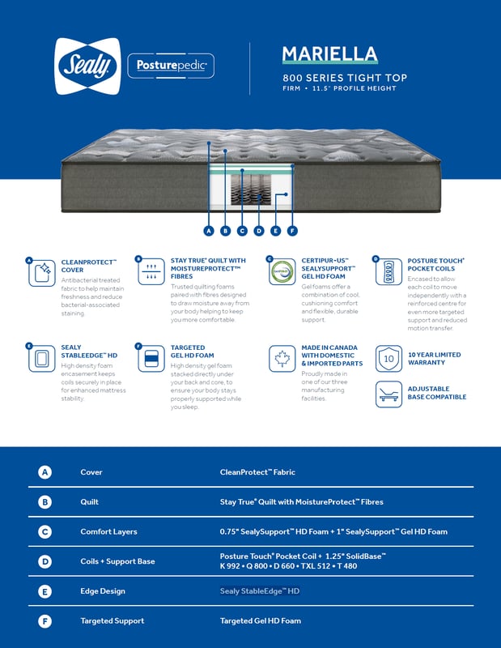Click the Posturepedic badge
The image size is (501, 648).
[171, 65]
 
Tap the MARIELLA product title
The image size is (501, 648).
[329, 54]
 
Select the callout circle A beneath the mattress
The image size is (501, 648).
[209, 231]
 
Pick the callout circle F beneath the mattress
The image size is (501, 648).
[292, 231]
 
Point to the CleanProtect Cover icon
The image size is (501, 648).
[42, 273]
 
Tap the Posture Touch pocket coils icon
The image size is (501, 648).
[389, 271]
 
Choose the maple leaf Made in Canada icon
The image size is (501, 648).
[282, 358]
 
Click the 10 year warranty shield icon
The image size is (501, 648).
[388, 358]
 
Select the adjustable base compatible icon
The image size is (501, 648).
[388, 394]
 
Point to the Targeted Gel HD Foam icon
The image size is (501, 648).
[151, 358]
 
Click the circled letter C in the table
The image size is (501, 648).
[45, 531]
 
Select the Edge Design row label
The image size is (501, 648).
[103, 591]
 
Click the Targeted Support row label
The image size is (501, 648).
[113, 621]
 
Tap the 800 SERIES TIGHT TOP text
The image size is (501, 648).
[344, 78]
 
